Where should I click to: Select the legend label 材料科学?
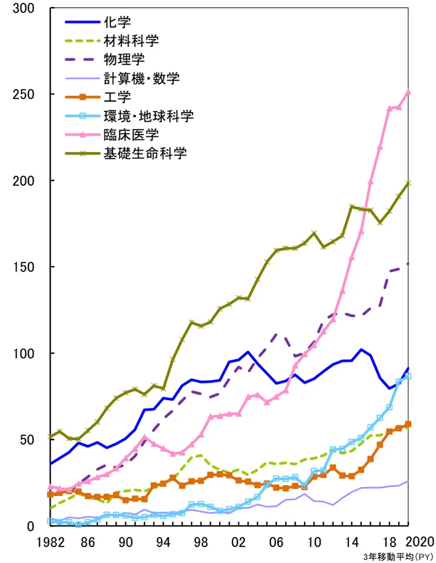click(131, 41)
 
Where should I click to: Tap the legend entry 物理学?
click(123, 58)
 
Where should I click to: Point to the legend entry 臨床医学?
click(131, 134)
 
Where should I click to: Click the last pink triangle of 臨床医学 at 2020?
click(409, 92)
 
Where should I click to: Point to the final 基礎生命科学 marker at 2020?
click(409, 183)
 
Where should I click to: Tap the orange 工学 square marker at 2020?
click(408, 424)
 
